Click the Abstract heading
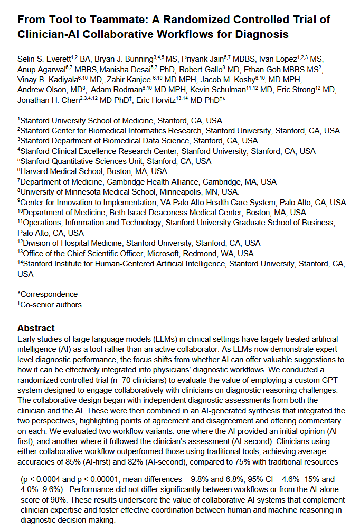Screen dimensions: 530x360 click(35, 328)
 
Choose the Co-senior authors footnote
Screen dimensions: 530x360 click(50, 304)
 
